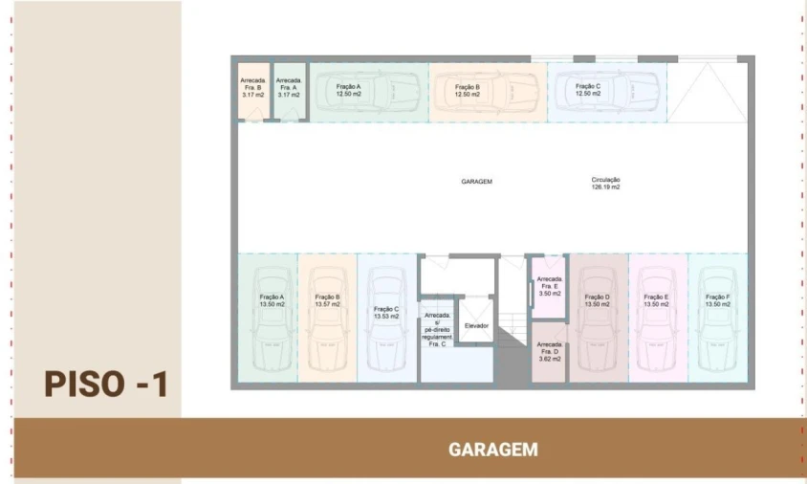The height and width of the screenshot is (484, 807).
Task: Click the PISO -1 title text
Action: point(106,385)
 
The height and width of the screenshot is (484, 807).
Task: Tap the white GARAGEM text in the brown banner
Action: point(492,450)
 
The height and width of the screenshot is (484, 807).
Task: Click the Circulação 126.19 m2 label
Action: point(605,184)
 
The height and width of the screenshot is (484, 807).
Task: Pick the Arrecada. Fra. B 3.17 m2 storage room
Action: point(253,92)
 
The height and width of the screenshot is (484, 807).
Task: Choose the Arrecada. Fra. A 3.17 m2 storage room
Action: point(289,92)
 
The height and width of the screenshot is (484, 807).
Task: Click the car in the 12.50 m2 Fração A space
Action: point(368,93)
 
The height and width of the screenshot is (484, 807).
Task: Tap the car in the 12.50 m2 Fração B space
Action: point(487,93)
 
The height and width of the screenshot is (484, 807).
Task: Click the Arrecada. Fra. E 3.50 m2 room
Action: point(550,287)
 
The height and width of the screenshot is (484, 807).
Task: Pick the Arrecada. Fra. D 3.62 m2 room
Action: point(550,351)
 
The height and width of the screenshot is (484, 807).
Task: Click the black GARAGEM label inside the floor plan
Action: point(476,181)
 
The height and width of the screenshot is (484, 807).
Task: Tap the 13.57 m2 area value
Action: point(327,304)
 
